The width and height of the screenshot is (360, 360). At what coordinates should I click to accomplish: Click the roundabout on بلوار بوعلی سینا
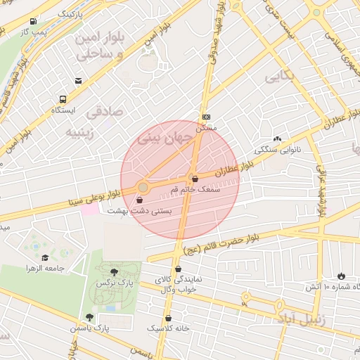point(143,187)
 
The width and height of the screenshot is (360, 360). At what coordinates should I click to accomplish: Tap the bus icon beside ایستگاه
point(64,100)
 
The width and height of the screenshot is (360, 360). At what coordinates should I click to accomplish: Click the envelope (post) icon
point(78,81)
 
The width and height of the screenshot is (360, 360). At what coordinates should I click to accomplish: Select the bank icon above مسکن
point(205,117)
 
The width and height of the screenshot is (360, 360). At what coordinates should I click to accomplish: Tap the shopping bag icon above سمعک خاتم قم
point(194,179)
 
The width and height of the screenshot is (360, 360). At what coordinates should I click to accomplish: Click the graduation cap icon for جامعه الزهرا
point(46,259)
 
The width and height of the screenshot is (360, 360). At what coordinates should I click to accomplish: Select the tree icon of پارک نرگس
point(115,271)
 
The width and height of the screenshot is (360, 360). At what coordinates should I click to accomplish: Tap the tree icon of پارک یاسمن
point(89,317)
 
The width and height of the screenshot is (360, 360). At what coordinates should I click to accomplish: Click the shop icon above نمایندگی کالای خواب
point(178,268)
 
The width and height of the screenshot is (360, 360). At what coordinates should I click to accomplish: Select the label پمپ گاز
point(33,32)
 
